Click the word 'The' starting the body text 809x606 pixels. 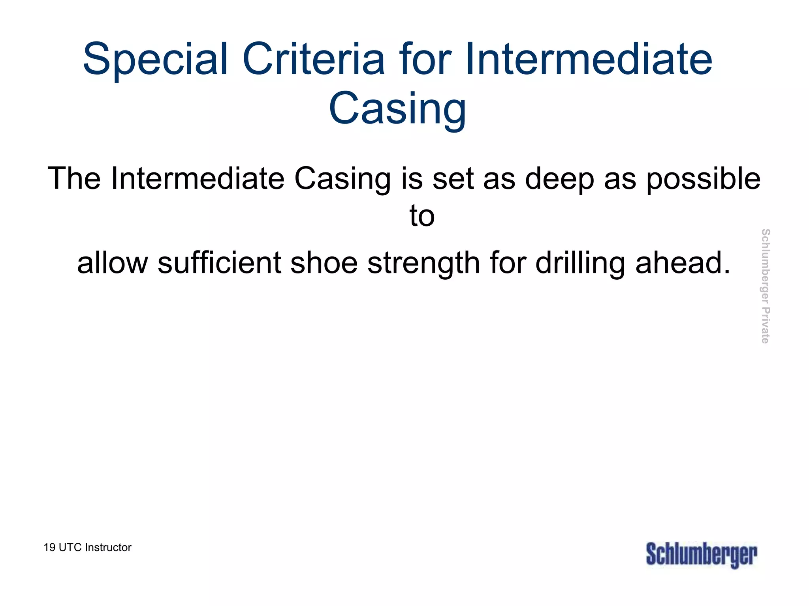[x=74, y=179]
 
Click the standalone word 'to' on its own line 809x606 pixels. [x=422, y=216]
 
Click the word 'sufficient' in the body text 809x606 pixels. [x=219, y=263]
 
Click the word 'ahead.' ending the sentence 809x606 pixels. [x=683, y=263]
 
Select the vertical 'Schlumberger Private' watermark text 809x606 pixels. [x=765, y=286]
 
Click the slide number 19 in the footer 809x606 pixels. [x=49, y=548]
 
